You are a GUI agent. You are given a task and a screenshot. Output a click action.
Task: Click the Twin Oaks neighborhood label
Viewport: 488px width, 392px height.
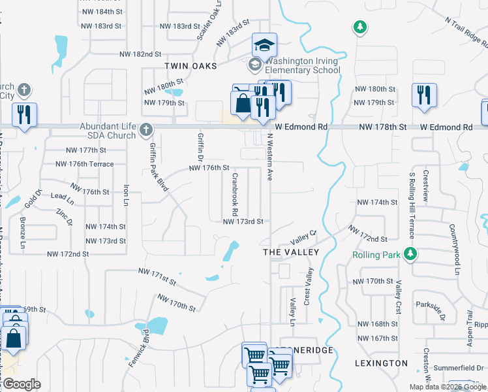point(191,65)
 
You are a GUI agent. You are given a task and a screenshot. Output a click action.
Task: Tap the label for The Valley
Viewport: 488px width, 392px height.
point(290,252)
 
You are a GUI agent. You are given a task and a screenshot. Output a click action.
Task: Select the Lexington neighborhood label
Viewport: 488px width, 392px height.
point(381,363)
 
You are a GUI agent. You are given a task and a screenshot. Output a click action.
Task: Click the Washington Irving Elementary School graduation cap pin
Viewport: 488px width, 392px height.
point(265,45)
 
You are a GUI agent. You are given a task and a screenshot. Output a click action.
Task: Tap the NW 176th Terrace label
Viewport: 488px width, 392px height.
point(85,164)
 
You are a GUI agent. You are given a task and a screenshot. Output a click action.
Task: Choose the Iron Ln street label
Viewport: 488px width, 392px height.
point(125,195)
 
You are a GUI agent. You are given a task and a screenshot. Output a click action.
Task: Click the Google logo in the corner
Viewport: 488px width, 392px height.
point(22,384)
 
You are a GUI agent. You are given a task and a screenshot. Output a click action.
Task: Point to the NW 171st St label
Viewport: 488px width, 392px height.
point(157,276)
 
